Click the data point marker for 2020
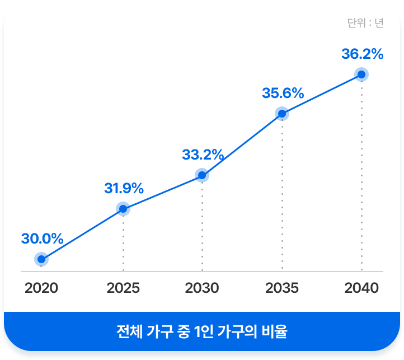pyautogui.click(x=41, y=259)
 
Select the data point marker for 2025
pyautogui.click(x=123, y=209)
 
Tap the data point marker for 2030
pyautogui.click(x=202, y=175)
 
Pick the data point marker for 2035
pyautogui.click(x=282, y=114)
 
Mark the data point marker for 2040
pyautogui.click(x=361, y=74)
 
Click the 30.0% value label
pyautogui.click(x=42, y=239)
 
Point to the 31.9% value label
pyautogui.click(x=124, y=189)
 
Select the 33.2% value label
pyautogui.click(x=203, y=155)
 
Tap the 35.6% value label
pyautogui.click(x=283, y=93)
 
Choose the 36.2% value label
pyautogui.click(x=362, y=54)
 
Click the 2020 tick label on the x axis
pyautogui.click(x=41, y=288)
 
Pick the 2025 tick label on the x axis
pyautogui.click(x=123, y=288)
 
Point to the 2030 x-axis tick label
pyautogui.click(x=202, y=288)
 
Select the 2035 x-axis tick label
pyautogui.click(x=282, y=288)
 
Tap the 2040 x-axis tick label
pyautogui.click(x=361, y=288)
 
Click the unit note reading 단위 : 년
pyautogui.click(x=365, y=23)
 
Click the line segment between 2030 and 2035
pyautogui.click(x=242, y=144)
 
